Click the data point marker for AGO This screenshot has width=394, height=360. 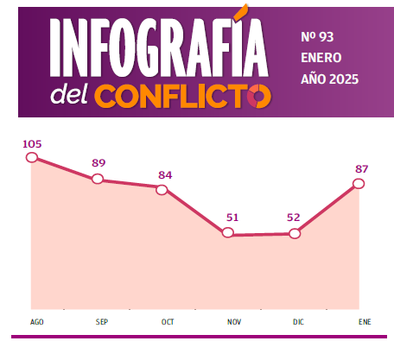tap(33, 158)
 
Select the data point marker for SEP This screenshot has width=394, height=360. tap(98, 179)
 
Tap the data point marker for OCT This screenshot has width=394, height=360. tap(162, 189)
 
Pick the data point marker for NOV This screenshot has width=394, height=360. tap(228, 233)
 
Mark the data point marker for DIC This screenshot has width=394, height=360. tap(295, 233)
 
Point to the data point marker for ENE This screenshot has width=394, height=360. tap(359, 184)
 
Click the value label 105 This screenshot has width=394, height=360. tap(33, 143)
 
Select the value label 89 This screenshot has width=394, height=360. tap(98, 163)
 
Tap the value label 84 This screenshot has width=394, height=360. tap(165, 174)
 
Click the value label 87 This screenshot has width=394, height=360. tap(361, 168)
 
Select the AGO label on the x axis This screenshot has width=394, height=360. tap(36, 322)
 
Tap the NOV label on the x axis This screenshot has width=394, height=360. tap(234, 322)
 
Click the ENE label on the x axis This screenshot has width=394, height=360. tap(365, 322)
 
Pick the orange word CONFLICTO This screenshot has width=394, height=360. tap(183, 96)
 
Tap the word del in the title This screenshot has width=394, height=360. tap(70, 94)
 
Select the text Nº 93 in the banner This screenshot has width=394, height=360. tap(317, 37)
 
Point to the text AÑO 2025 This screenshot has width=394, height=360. tap(329, 79)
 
